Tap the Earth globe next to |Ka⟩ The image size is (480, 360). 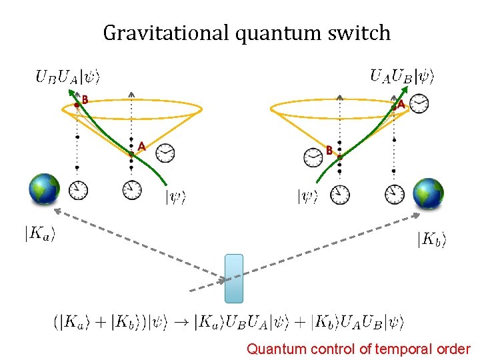(x=45, y=189)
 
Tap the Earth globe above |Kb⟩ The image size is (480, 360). (x=429, y=193)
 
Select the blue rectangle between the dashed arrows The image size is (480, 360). (x=234, y=278)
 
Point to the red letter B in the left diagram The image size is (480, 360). (x=85, y=101)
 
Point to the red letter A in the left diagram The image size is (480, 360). (x=141, y=146)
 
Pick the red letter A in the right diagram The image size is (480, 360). (x=400, y=105)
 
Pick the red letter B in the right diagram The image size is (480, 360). (x=329, y=151)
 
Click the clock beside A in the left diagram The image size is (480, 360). (x=165, y=153)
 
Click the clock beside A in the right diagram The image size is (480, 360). (x=419, y=103)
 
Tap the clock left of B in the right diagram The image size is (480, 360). (x=313, y=157)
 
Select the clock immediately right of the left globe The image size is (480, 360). (x=78, y=191)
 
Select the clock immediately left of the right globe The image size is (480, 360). (x=394, y=194)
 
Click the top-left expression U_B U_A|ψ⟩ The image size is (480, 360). (x=67, y=77)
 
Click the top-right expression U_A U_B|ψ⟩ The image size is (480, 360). (x=402, y=76)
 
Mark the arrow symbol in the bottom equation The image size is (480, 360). (x=183, y=323)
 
